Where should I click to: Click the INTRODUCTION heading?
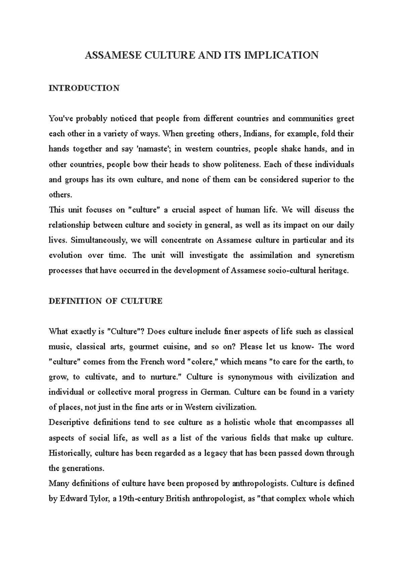click(84, 88)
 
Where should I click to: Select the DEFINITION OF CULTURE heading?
click(105, 301)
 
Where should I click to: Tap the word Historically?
click(70, 453)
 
